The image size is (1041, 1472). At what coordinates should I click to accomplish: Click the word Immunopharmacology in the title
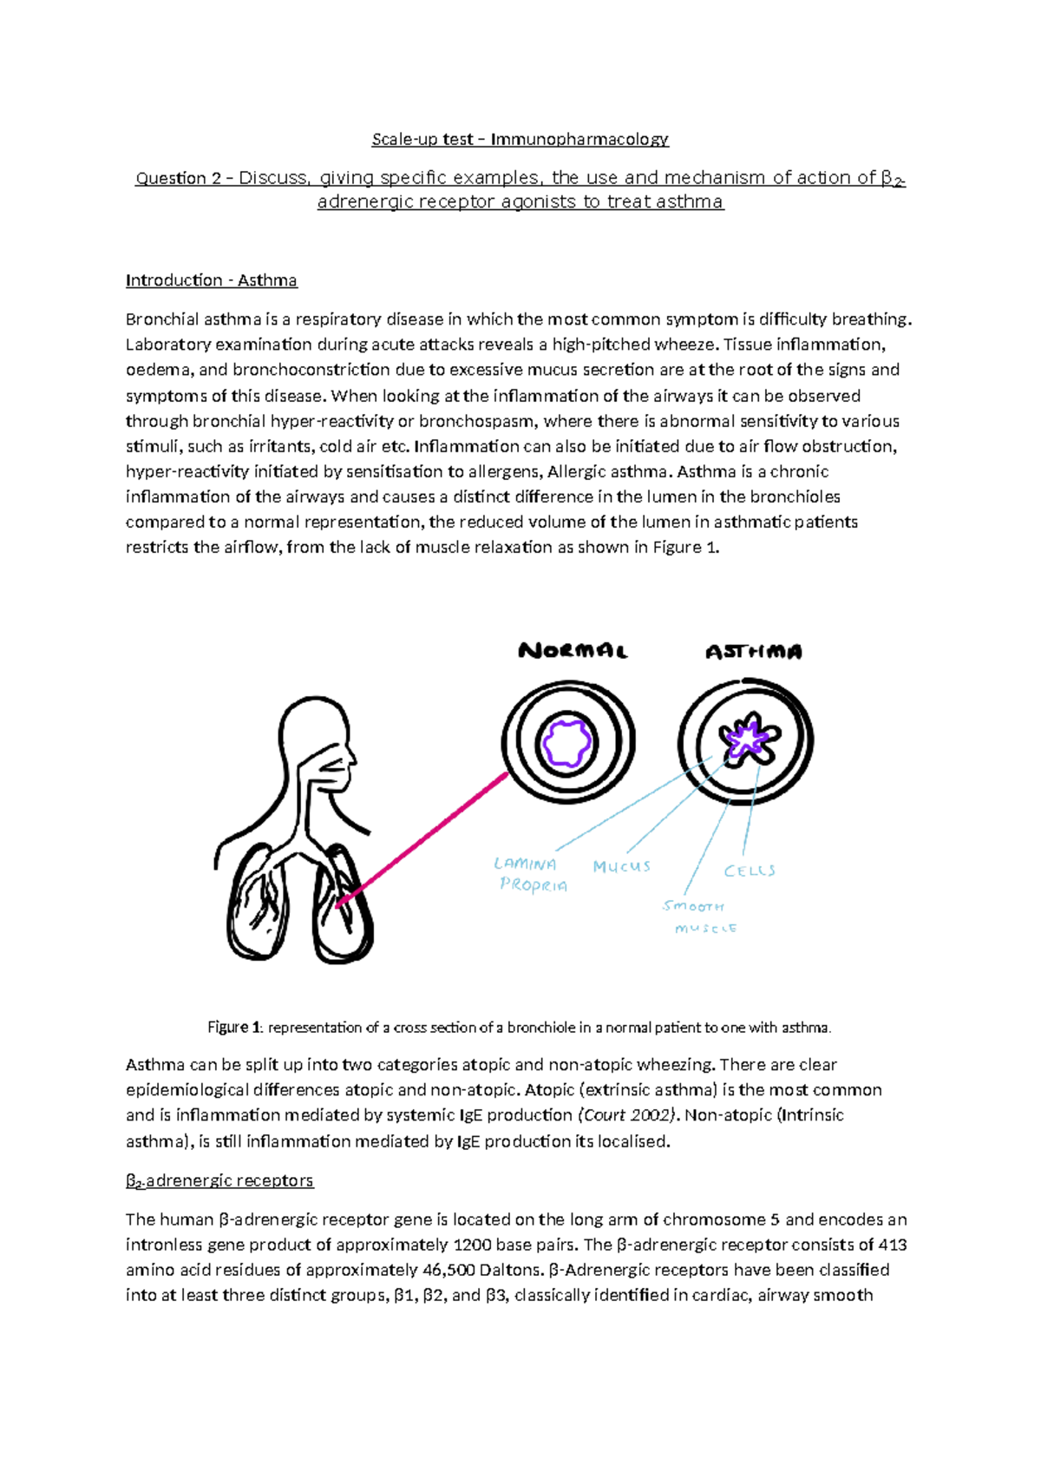click(x=579, y=139)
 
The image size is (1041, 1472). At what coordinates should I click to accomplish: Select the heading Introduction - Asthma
click(x=211, y=280)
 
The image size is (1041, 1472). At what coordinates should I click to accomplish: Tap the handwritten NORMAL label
click(x=573, y=651)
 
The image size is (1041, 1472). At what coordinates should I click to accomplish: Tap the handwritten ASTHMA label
click(x=753, y=652)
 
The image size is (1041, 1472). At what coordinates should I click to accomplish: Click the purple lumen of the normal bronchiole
click(x=567, y=743)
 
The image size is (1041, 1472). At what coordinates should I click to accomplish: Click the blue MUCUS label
click(x=621, y=866)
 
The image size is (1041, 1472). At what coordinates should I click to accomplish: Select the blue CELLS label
click(x=750, y=871)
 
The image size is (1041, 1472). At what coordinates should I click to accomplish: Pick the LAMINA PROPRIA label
click(x=529, y=875)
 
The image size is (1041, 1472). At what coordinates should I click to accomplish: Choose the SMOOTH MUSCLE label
click(x=698, y=917)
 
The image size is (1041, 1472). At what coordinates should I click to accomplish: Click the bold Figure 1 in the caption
click(x=234, y=1028)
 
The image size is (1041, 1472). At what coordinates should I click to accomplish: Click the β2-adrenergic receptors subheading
click(x=219, y=1181)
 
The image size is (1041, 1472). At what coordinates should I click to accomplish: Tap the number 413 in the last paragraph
click(x=893, y=1245)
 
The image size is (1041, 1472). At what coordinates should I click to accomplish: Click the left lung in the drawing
click(x=260, y=907)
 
